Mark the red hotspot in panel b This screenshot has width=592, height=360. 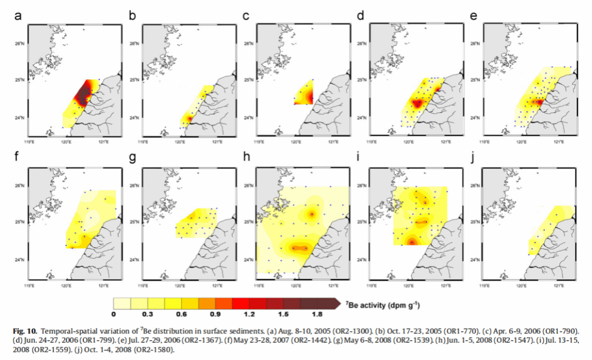tap(190, 119)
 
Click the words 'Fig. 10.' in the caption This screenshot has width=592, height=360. tap(24, 330)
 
